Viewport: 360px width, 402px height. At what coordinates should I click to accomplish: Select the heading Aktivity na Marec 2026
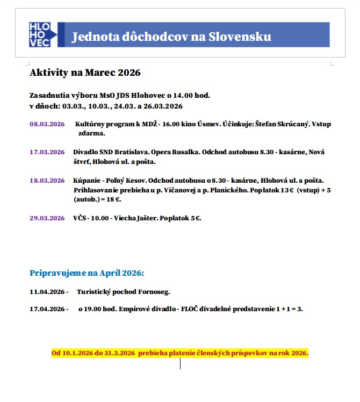(85, 73)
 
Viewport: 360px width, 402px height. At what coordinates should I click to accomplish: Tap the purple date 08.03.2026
(47, 124)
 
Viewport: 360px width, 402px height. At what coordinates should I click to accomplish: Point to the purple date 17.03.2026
(47, 152)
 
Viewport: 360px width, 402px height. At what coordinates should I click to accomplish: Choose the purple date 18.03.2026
(47, 181)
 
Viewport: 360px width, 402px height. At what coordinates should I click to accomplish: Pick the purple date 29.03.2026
(47, 218)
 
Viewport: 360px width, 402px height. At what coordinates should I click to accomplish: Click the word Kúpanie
(87, 181)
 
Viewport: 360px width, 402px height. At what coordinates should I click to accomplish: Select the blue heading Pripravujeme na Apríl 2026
(87, 273)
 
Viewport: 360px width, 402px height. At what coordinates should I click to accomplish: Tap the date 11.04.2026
(47, 292)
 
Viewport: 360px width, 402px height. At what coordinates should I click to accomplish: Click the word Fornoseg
(155, 292)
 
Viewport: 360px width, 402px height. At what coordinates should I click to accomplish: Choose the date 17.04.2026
(47, 310)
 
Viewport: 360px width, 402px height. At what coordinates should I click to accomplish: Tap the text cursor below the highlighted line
(180, 364)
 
